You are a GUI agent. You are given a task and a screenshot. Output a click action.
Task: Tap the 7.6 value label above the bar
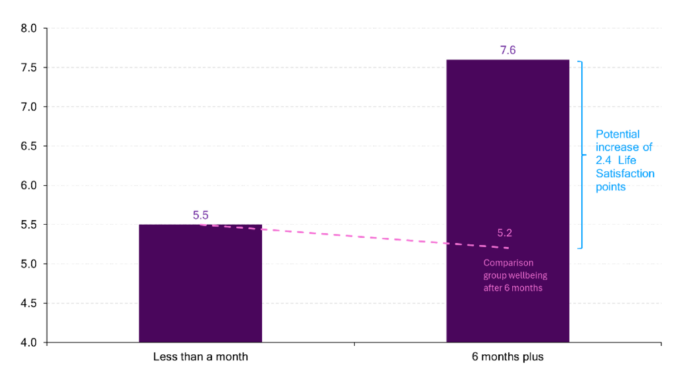507,50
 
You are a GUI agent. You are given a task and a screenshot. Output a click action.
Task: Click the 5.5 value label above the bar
200,215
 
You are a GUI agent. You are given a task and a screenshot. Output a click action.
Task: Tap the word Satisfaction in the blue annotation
625,174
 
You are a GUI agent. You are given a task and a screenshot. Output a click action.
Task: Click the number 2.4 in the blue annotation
604,161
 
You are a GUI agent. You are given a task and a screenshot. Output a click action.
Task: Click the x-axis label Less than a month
200,357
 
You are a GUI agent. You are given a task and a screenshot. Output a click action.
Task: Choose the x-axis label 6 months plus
507,357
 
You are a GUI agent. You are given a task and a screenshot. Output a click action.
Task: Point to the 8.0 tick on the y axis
29,29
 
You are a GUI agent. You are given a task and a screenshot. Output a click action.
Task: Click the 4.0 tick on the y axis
29,342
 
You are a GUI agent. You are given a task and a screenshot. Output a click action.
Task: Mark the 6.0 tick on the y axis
29,186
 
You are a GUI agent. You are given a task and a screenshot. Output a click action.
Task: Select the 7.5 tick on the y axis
29,68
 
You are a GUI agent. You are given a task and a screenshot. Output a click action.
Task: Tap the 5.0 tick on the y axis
29,264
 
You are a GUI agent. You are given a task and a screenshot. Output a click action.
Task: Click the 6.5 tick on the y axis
29,146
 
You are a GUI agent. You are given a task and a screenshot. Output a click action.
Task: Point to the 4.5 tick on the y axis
29,303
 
